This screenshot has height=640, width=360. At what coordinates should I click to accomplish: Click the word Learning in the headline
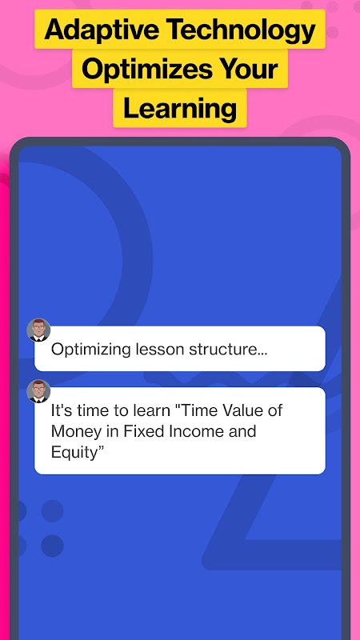pyautogui.click(x=180, y=109)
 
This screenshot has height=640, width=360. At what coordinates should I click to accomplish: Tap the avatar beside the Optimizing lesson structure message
pyautogui.click(x=38, y=330)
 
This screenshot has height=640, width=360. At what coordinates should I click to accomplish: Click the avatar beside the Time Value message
pyautogui.click(x=38, y=391)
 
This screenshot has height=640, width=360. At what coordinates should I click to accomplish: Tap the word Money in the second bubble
pyautogui.click(x=73, y=432)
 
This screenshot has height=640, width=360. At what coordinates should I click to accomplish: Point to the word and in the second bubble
pyautogui.click(x=242, y=431)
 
